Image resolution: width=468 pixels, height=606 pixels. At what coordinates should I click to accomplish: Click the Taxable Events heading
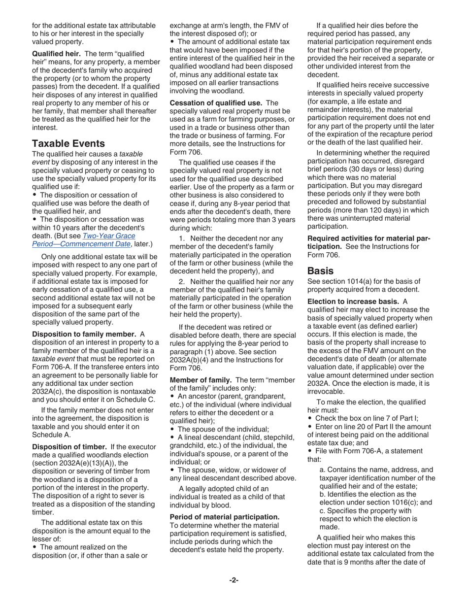[68, 143]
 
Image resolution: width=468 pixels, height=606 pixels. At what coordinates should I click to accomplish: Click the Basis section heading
[320, 270]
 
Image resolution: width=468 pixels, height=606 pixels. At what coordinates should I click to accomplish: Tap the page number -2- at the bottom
[234, 580]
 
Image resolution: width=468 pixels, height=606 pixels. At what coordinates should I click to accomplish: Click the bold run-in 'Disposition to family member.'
[84, 335]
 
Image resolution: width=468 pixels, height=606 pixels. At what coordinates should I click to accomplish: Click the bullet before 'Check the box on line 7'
[310, 418]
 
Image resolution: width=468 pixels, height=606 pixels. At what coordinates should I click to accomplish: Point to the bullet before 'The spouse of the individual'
[172, 429]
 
